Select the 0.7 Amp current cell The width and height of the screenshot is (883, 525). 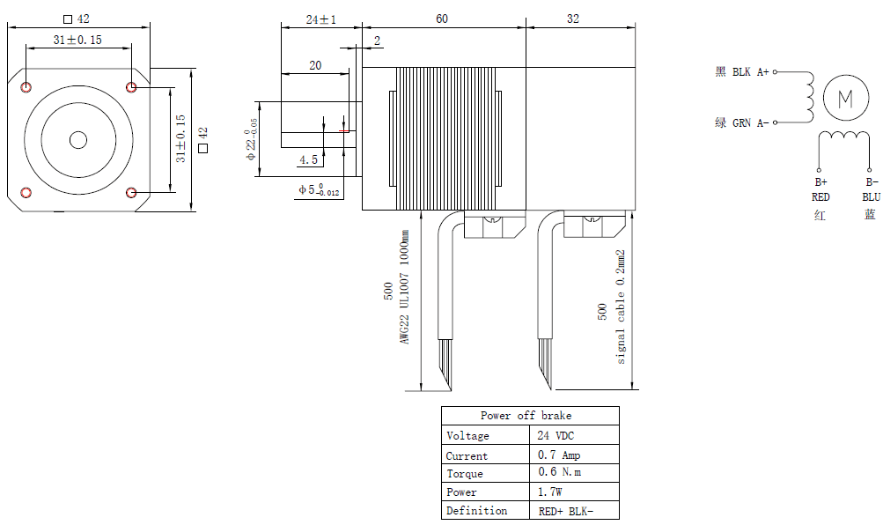558,455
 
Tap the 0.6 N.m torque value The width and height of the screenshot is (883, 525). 559,473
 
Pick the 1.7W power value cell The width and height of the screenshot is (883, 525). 551,492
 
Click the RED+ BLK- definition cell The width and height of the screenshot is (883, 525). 565,511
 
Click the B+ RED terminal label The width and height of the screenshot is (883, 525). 820,190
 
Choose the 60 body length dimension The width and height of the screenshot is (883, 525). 443,18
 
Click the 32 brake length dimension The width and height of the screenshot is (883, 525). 573,18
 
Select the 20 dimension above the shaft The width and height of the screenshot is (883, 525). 315,65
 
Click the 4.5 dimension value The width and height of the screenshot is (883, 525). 308,159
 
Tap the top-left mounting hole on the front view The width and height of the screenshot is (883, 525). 26,87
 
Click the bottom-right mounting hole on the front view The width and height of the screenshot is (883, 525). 131,193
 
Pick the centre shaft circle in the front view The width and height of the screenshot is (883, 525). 78,139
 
